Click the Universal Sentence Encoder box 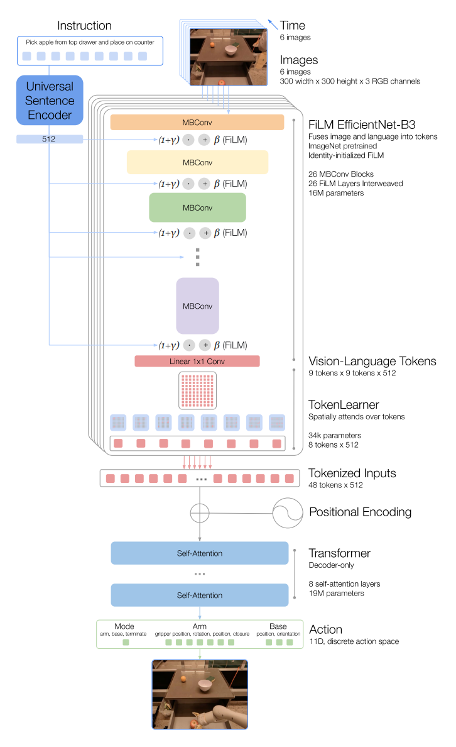[50, 101]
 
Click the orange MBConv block [197, 123]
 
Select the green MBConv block [197, 207]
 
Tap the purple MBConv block [197, 306]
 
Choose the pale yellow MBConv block [197, 162]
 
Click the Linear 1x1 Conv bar [197, 361]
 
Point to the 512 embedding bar [50, 139]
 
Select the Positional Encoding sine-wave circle [288, 513]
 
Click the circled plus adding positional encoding [200, 513]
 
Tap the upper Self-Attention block [200, 553]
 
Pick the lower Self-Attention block [200, 595]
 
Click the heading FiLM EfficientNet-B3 [362, 125]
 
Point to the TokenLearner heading [344, 404]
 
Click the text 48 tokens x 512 [335, 485]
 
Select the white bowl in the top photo [231, 50]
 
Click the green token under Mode [126, 642]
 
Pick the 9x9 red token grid [197, 390]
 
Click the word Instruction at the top [84, 26]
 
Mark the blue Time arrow [273, 25]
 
